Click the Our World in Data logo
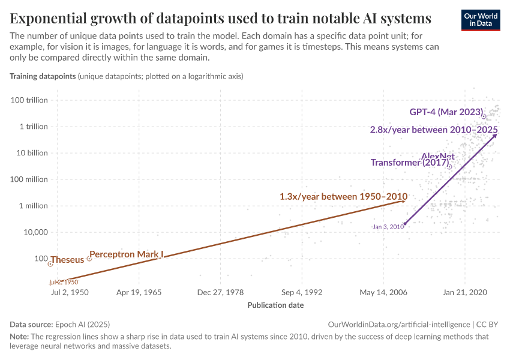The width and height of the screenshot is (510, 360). [x=481, y=20]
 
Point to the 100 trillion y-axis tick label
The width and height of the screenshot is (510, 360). [x=29, y=100]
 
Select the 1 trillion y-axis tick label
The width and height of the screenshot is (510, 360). [x=33, y=127]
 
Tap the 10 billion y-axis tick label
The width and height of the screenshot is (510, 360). [x=32, y=153]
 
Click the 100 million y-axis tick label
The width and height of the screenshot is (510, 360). [x=29, y=179]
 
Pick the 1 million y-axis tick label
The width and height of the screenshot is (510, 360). [x=34, y=206]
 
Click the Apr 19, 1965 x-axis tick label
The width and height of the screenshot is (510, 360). [x=138, y=292]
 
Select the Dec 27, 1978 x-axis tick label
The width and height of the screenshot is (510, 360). [x=220, y=292]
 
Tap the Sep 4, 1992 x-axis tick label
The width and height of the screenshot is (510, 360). [x=301, y=292]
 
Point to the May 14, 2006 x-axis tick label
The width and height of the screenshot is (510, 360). [x=383, y=292]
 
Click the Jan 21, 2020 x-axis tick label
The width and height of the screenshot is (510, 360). [x=465, y=292]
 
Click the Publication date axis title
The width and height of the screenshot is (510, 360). [x=275, y=305]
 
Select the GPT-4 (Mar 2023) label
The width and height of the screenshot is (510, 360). [x=446, y=112]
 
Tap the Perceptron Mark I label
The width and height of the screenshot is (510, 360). [x=126, y=254]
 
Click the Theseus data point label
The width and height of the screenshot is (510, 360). [x=67, y=260]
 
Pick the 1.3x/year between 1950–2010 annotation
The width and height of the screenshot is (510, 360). [x=344, y=197]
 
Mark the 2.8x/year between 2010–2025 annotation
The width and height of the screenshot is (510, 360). [x=433, y=130]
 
